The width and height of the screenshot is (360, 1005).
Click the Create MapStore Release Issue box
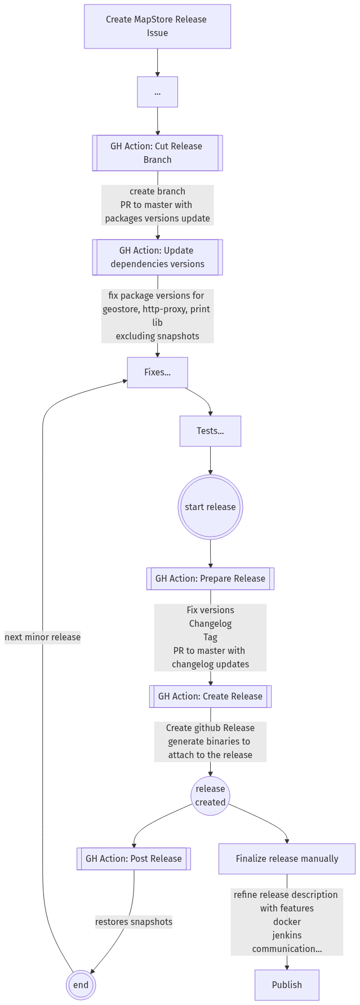click(x=157, y=26)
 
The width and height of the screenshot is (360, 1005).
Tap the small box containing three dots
click(x=157, y=92)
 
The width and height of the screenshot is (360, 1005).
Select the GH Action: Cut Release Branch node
click(x=157, y=153)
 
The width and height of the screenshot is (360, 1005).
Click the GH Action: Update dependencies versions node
click(x=157, y=257)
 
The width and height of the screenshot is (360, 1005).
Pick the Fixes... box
click(x=157, y=373)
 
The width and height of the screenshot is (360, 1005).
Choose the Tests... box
click(x=210, y=431)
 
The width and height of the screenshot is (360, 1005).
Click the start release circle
click(x=210, y=507)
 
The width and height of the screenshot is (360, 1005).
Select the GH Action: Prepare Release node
click(x=210, y=578)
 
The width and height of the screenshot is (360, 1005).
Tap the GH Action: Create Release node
click(x=210, y=696)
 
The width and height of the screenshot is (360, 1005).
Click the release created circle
click(x=210, y=795)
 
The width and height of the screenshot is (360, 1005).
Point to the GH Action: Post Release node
click(x=134, y=859)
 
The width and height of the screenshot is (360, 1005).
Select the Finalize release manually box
click(x=287, y=859)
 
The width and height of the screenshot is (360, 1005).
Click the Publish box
click(x=287, y=985)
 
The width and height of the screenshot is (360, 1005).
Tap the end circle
click(x=81, y=985)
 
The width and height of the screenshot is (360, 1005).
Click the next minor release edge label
click(x=43, y=637)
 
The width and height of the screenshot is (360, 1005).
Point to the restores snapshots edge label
click(x=134, y=922)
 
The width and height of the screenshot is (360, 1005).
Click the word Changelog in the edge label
click(x=210, y=623)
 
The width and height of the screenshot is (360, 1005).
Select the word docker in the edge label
click(x=287, y=922)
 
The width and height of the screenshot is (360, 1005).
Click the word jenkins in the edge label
click(x=287, y=935)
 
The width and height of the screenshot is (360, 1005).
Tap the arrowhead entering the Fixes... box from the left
click(x=124, y=381)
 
